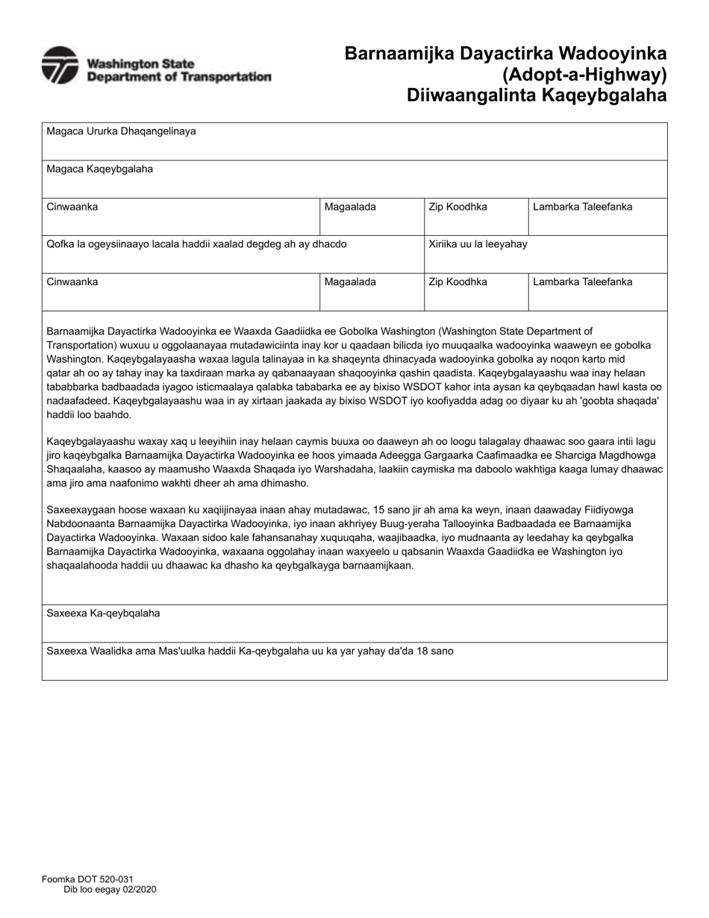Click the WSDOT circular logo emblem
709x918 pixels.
pos(60,65)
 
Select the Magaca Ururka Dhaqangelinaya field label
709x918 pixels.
pos(121,131)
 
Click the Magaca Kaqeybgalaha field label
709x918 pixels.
pos(99,169)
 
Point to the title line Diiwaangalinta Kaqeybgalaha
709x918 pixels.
pos(537,96)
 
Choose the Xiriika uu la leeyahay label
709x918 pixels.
pos(478,244)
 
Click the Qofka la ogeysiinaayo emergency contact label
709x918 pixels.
pos(196,244)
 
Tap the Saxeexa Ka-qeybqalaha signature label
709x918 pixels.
pos(103,613)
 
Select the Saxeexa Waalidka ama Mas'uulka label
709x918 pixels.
pos(249,651)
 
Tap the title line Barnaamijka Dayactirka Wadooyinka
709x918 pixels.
pos(505,54)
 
